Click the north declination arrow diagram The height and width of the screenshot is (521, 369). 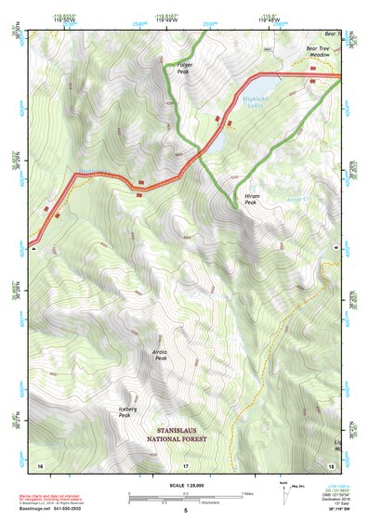click(x=284, y=494)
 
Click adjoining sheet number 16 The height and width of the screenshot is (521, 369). click(x=40, y=463)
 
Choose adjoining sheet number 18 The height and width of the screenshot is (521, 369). click(x=331, y=463)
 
